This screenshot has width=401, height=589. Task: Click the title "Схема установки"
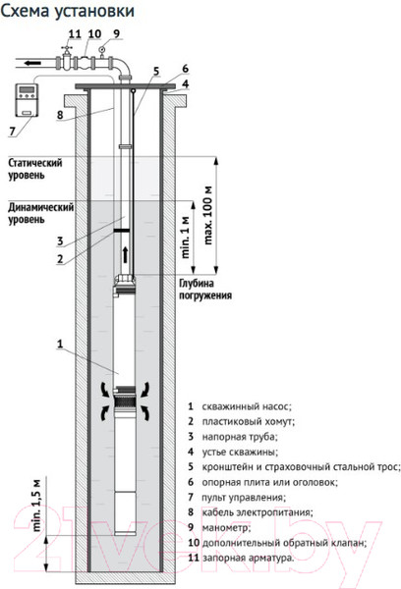pos(68,11)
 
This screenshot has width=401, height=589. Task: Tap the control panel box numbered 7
pos(27,100)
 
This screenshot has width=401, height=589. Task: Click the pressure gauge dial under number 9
pos(102,48)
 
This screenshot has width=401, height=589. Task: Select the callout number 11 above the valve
pos(75,33)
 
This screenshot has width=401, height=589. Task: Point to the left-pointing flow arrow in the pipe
pos(32,63)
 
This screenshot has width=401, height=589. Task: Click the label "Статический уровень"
pos(35,169)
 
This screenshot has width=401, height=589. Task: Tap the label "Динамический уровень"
pos(40,213)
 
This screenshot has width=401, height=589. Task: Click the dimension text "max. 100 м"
pos(208,215)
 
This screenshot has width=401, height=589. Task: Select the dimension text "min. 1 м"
pos(186,237)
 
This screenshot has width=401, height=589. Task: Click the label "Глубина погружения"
pos(205,289)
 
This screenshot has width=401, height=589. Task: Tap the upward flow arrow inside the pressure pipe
pos(125,255)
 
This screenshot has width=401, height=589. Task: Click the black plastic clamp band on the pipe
pos(122,230)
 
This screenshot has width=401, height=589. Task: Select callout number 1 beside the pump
pos(60,344)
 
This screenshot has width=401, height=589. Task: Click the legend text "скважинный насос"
pos(247,406)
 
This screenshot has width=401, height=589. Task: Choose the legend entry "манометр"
pos(226,527)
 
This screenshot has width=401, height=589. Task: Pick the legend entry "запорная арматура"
pos(249,558)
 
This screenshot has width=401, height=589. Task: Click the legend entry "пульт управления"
pos(244,498)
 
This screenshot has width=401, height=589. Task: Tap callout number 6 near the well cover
pos(185,69)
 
